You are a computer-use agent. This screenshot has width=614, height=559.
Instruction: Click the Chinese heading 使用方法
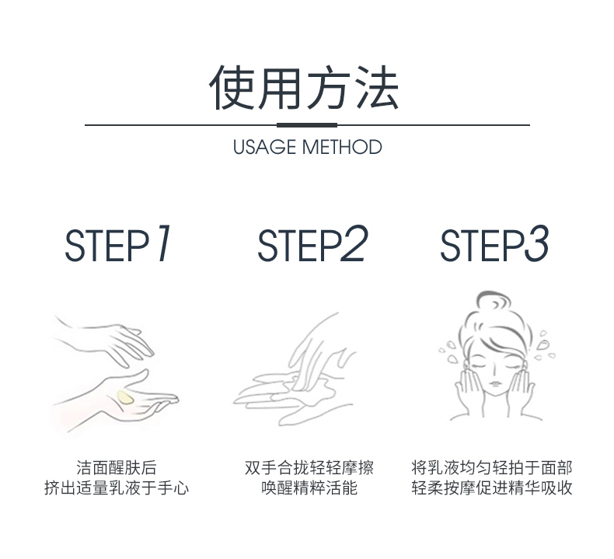[304, 88]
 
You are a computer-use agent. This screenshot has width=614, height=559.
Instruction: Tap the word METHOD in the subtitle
[342, 147]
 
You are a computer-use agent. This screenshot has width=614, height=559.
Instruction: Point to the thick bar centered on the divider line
[307, 125]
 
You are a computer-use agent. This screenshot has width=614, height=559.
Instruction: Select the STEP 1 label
[117, 243]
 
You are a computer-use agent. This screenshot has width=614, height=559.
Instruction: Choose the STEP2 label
[312, 243]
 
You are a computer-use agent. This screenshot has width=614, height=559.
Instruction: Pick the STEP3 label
[494, 243]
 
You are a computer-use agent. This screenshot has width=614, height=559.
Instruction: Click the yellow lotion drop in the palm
[126, 397]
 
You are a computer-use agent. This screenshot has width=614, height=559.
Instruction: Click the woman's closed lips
[495, 383]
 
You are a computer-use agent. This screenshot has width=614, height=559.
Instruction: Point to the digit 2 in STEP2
[354, 243]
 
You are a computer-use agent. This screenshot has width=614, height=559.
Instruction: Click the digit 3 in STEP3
[536, 243]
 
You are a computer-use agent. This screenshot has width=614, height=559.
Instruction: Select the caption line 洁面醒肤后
[117, 468]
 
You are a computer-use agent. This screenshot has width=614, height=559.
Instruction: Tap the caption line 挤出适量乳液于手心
[117, 488]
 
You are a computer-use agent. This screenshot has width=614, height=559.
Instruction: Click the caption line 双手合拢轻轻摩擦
[309, 468]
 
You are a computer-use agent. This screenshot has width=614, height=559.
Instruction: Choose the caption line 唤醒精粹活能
[309, 488]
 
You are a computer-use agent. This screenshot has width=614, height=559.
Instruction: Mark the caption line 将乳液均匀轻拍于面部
[492, 468]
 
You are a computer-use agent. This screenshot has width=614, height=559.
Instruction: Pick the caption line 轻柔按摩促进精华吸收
[492, 488]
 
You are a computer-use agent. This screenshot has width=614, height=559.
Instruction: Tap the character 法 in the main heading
[377, 88]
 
